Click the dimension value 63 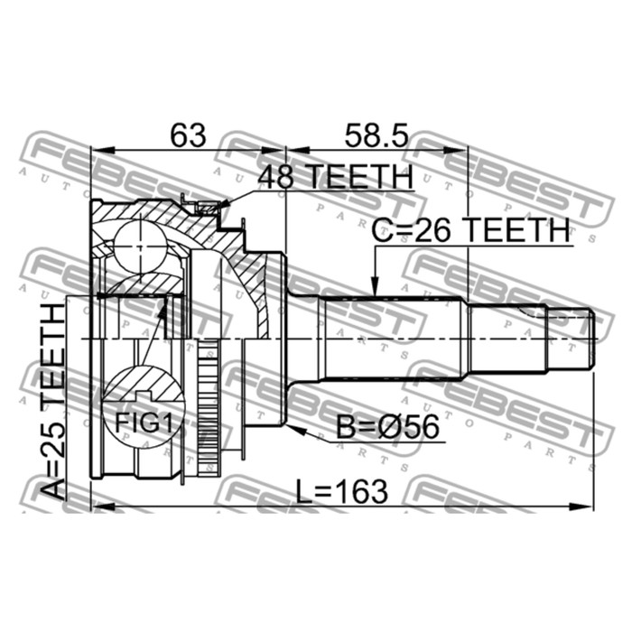pos(188,135)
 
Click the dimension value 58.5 pos(376,135)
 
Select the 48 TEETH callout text pos(336,177)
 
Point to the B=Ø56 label pos(387,427)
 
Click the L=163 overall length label pos(342,491)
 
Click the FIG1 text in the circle pos(144,423)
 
